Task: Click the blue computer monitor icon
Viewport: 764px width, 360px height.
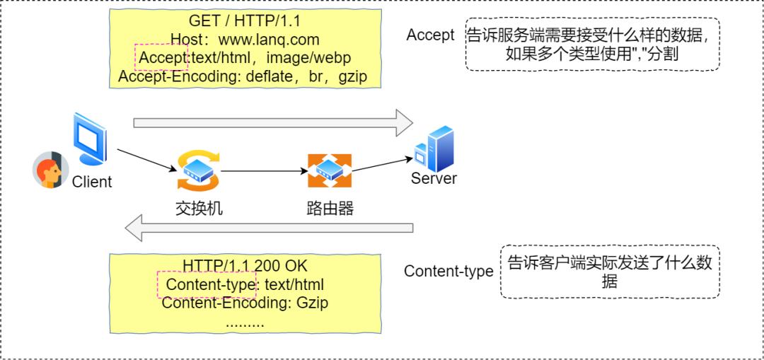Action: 90,139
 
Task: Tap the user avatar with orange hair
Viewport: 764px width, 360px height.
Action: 50,170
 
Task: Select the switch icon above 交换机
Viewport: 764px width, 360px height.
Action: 198,170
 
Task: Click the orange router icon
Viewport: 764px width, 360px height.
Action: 329,170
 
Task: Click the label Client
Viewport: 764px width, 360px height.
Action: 92,182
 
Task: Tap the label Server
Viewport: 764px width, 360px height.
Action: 434,178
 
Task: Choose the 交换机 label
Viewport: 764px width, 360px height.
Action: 199,208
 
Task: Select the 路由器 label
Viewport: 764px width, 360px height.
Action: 330,208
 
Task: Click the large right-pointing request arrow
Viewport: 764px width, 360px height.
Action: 272,122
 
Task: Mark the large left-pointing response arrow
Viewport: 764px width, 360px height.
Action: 269,228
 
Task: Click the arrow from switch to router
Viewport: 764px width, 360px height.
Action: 263,171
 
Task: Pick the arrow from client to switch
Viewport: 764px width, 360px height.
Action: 146,160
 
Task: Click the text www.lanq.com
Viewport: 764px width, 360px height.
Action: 269,40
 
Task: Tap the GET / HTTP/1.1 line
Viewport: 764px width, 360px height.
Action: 245,21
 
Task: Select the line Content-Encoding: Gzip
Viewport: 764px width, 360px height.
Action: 245,303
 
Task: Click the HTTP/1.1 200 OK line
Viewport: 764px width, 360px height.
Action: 245,265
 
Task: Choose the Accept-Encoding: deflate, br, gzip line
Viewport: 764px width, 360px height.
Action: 243,76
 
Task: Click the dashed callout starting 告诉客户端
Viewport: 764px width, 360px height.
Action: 609,272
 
